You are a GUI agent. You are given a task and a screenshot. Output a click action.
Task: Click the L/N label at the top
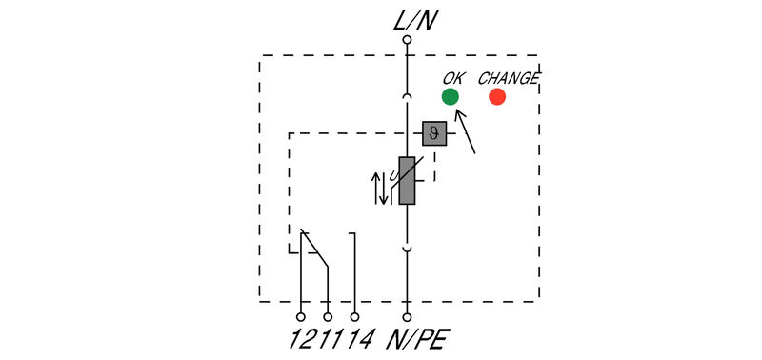coord(407,18)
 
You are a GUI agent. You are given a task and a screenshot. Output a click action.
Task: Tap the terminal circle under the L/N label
coord(407,40)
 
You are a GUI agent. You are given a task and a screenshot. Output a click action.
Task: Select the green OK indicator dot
coord(451,96)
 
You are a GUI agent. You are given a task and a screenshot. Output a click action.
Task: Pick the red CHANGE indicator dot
coord(497,96)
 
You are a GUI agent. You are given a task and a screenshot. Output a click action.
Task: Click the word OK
coord(453,77)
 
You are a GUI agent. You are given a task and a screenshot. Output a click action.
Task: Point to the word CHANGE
coord(508,77)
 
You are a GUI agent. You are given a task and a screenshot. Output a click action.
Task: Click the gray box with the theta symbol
coord(434,133)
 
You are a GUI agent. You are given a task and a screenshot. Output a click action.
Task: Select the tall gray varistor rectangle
coord(407,180)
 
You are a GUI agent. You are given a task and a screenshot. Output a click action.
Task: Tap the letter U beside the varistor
coord(392,174)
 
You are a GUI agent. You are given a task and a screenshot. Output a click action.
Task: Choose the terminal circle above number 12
coord(301,316)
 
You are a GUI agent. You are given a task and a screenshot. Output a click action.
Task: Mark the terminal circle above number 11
coord(328,316)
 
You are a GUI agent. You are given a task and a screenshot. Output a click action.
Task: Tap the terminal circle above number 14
coord(355,316)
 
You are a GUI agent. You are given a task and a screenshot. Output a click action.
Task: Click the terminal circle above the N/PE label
coord(407,316)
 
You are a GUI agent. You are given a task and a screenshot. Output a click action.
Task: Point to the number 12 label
coord(301,338)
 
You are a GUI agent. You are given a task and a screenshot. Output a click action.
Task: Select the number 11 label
coord(328,338)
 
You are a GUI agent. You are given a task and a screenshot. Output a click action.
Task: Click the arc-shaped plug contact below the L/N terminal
coord(407,96)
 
